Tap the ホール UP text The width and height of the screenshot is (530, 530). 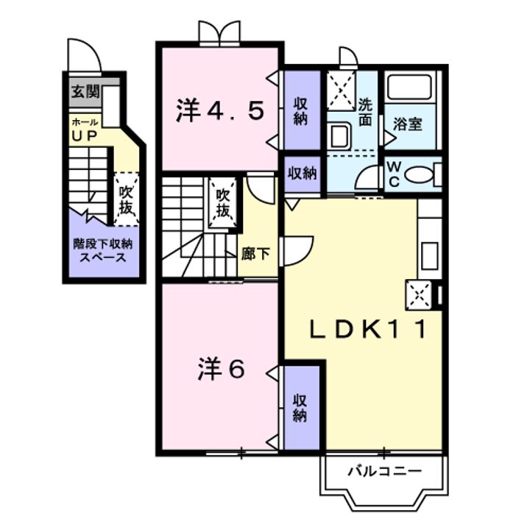pyautogui.click(x=85, y=130)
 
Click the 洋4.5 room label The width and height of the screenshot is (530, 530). pyautogui.click(x=219, y=112)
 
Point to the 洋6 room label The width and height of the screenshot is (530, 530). pyautogui.click(x=220, y=370)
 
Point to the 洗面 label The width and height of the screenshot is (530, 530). pyautogui.click(x=366, y=110)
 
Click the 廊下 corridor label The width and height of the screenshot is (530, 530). pyautogui.click(x=255, y=255)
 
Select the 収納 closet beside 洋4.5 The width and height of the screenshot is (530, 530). pyautogui.click(x=301, y=111)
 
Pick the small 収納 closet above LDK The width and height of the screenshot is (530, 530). pyautogui.click(x=302, y=174)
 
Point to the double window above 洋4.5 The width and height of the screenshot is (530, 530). pyautogui.click(x=219, y=32)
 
